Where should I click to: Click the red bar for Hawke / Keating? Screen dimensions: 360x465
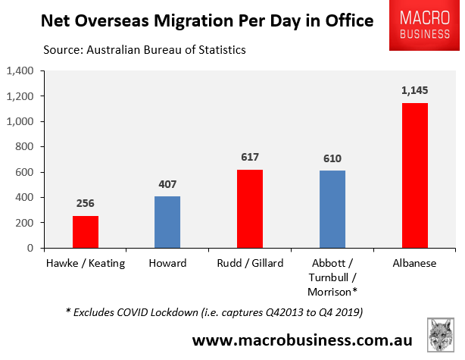[86, 231]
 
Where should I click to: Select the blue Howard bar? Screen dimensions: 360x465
[167, 221]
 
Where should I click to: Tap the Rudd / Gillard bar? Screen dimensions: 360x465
[250, 208]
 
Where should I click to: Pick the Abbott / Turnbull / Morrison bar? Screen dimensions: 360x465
[332, 208]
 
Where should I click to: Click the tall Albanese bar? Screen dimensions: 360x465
[415, 175]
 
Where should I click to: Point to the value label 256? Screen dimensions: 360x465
[86, 204]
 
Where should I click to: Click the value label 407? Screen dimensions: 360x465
[167, 184]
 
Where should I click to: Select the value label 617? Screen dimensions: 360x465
[250, 158]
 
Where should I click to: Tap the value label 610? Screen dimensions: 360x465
[332, 158]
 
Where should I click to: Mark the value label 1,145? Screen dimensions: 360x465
[415, 90]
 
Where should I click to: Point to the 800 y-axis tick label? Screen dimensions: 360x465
[28, 147]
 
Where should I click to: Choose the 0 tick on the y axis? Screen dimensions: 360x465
[34, 248]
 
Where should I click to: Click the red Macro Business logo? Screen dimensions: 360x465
[425, 26]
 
